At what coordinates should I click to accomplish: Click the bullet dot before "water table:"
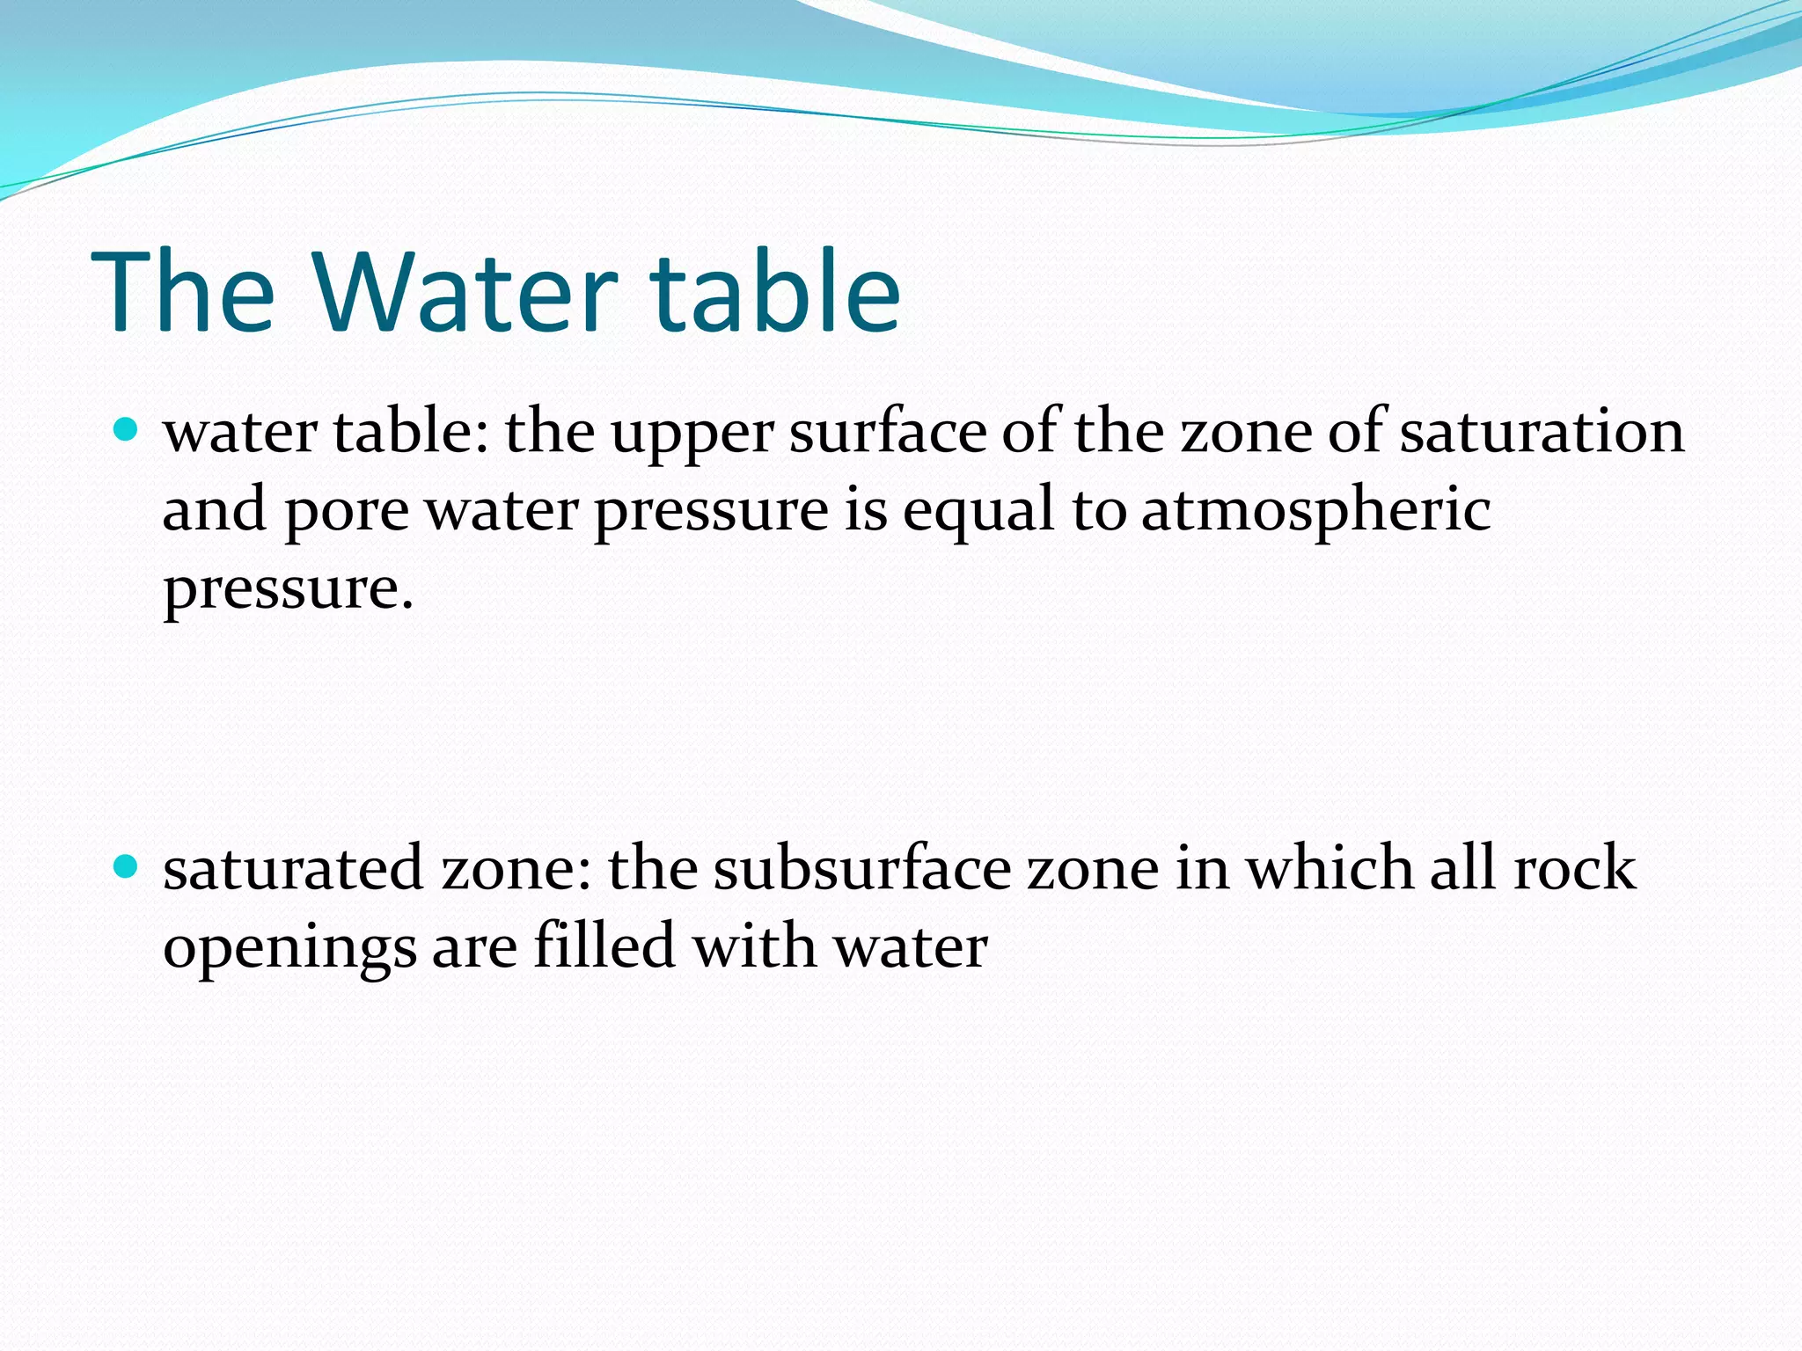127,430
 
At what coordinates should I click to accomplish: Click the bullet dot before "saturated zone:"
127,867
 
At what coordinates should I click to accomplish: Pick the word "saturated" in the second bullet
294,869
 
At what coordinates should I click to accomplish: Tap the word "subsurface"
861,869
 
